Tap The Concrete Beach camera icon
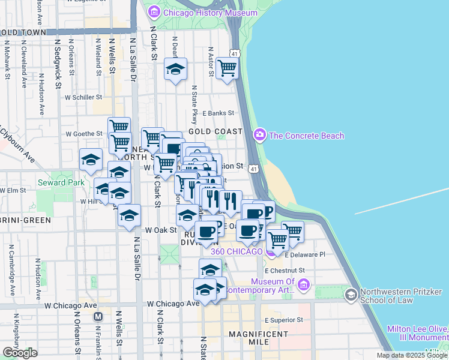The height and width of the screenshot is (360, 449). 260,135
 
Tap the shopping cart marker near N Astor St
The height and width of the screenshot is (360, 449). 228,68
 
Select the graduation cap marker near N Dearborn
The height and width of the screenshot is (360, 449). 175,70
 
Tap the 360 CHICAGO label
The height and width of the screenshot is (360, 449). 237,251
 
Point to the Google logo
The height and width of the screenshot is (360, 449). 20,353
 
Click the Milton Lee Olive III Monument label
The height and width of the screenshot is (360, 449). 418,333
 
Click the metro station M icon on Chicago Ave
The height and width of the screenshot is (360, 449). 98,316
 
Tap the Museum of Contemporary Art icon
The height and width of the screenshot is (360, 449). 304,284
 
